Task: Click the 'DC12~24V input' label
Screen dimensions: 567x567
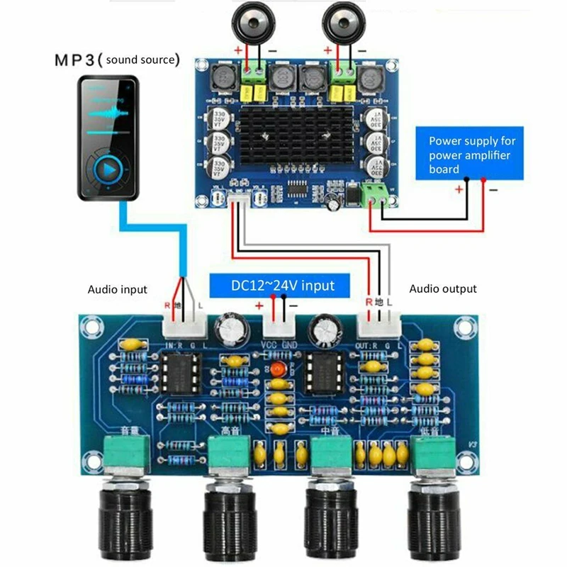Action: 281,286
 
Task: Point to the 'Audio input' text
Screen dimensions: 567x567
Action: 118,289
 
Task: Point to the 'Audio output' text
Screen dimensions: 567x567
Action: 443,289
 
